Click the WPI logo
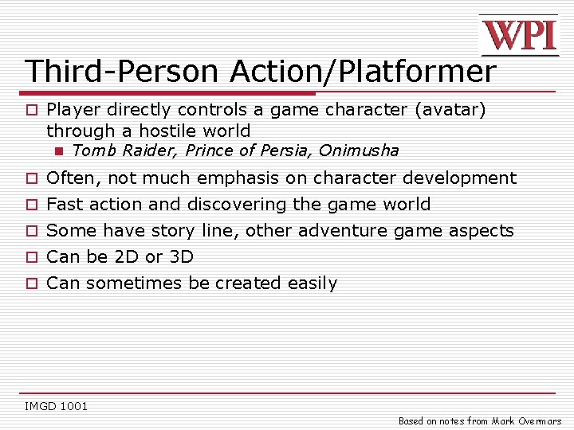518,36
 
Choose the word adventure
353,231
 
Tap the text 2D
128,257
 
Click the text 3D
181,257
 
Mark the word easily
310,283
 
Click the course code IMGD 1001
56,407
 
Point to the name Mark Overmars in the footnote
526,421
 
